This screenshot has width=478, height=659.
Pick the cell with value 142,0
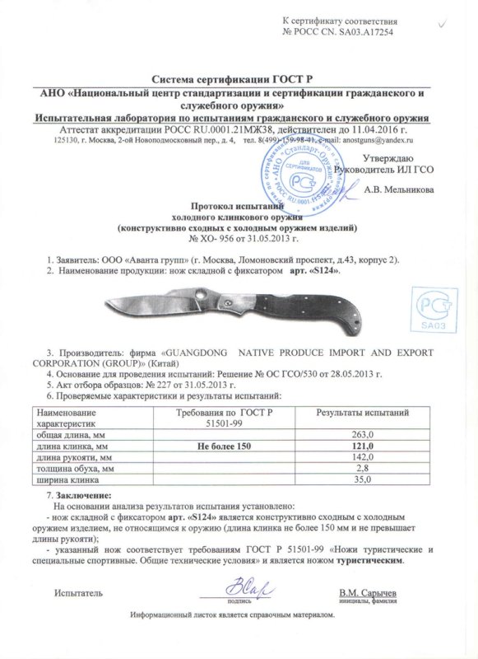(x=363, y=456)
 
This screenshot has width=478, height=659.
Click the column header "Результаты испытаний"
(x=363, y=411)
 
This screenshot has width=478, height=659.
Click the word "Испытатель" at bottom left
(x=79, y=593)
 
